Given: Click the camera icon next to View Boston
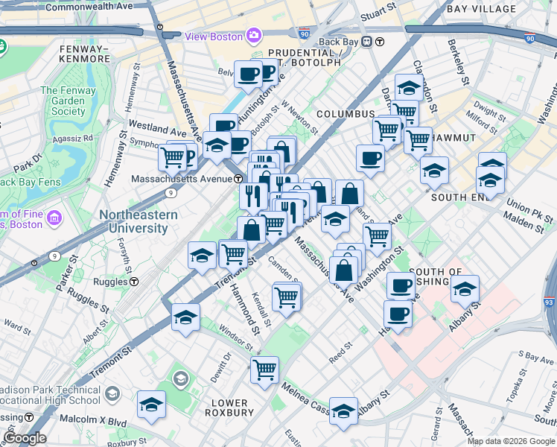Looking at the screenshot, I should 253,36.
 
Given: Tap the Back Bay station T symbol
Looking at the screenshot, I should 380,42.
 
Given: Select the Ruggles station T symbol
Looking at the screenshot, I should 134,282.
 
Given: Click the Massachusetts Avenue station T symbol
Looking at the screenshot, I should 238,179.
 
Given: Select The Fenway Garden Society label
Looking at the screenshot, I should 63,101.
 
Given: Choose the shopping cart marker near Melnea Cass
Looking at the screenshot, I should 264,369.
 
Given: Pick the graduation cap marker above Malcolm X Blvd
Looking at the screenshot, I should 151,405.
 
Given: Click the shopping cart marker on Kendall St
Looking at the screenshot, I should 287,297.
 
